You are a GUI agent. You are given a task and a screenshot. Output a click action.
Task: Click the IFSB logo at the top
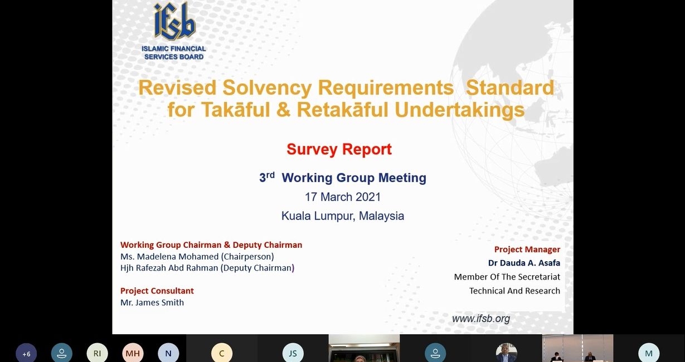point(174,31)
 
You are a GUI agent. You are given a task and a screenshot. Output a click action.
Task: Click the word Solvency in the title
point(267,87)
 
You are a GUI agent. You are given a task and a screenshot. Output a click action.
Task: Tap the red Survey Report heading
point(339,149)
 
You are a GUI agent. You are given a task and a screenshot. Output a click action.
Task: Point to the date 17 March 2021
point(343,197)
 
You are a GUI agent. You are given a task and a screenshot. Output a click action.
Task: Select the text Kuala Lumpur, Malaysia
point(343,216)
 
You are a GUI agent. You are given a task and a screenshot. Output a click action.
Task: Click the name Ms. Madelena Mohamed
point(169,256)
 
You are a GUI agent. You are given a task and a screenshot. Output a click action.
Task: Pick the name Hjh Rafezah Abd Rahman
point(169,268)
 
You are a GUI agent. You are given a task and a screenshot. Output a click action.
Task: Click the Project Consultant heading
point(157,291)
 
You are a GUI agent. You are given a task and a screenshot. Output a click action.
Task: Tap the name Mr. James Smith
point(152,302)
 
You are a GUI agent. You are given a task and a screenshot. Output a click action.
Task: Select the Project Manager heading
point(527,250)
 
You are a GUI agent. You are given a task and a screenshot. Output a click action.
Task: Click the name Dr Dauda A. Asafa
point(524,263)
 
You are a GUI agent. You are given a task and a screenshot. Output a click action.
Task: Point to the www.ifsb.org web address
point(481,319)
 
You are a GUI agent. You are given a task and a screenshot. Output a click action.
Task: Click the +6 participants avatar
point(26,354)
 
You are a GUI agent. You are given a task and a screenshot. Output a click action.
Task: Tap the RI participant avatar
point(97,354)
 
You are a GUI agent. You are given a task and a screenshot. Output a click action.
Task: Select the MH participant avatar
point(133,354)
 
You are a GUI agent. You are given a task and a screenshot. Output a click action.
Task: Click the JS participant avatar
point(293,354)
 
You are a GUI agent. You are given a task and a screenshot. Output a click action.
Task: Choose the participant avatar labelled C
point(222,354)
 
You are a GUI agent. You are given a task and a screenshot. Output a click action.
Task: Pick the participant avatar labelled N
point(168,354)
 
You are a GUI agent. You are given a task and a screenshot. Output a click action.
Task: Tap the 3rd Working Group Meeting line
point(343,178)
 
